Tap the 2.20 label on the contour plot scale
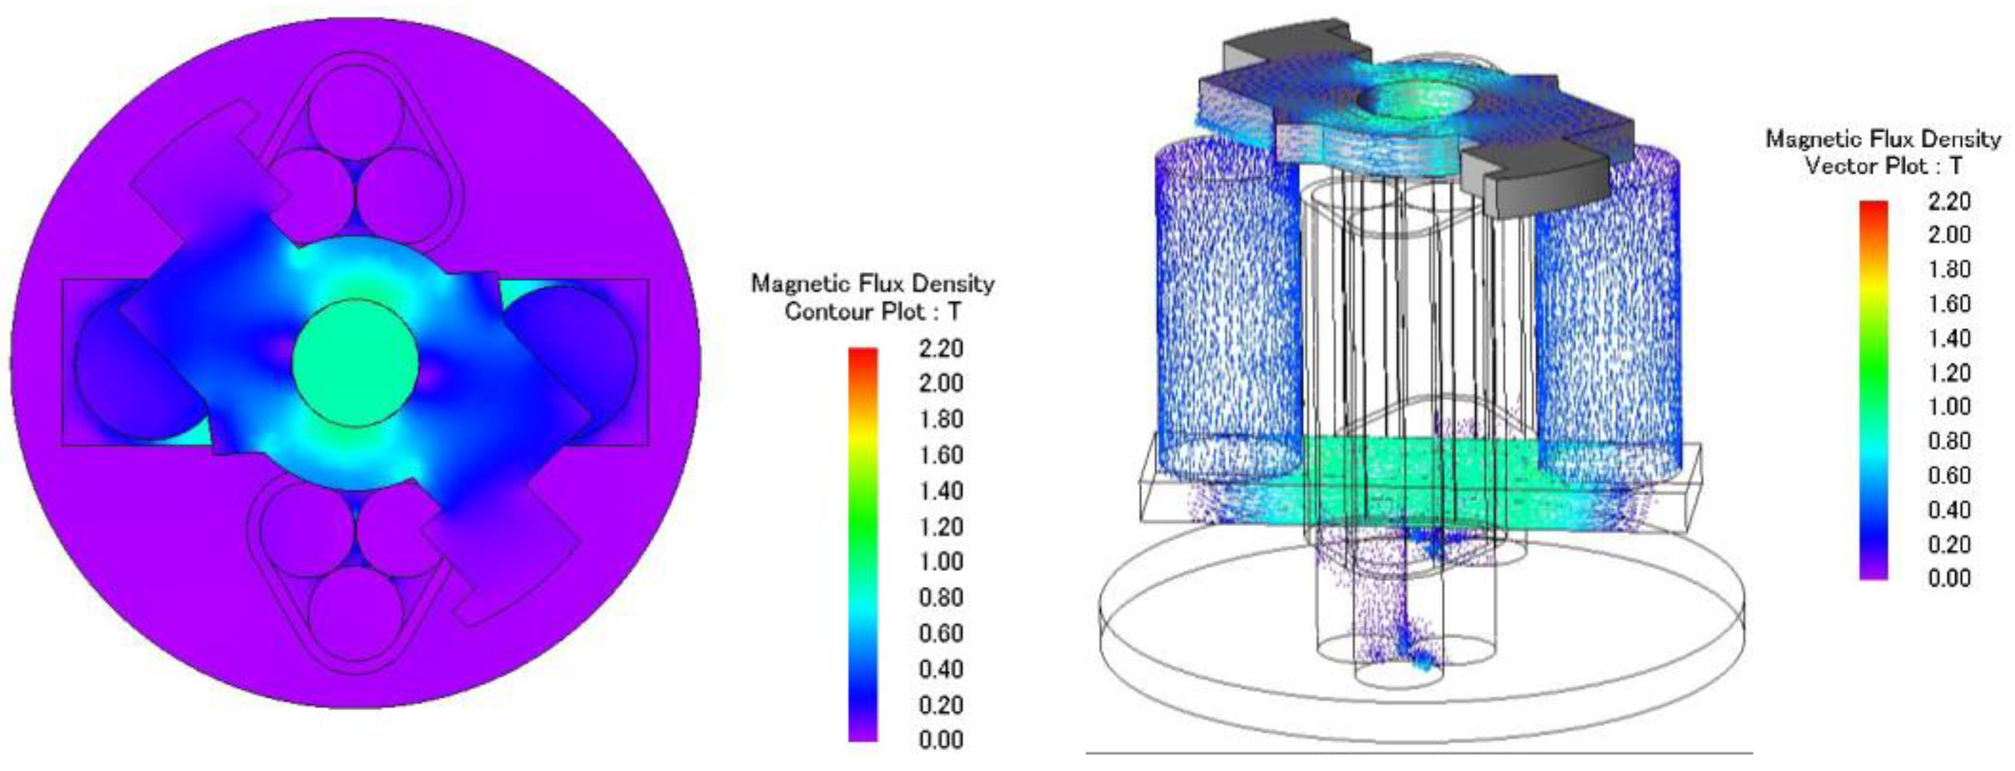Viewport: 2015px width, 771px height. click(940, 348)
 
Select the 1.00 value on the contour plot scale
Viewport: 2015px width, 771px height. click(940, 561)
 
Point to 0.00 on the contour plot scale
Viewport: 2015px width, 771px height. click(940, 739)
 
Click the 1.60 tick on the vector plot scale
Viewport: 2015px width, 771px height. click(1948, 303)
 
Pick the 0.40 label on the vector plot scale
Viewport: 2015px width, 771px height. click(1948, 510)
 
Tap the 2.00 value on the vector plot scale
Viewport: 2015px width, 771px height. click(1948, 234)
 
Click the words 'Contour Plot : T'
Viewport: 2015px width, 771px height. click(872, 312)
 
